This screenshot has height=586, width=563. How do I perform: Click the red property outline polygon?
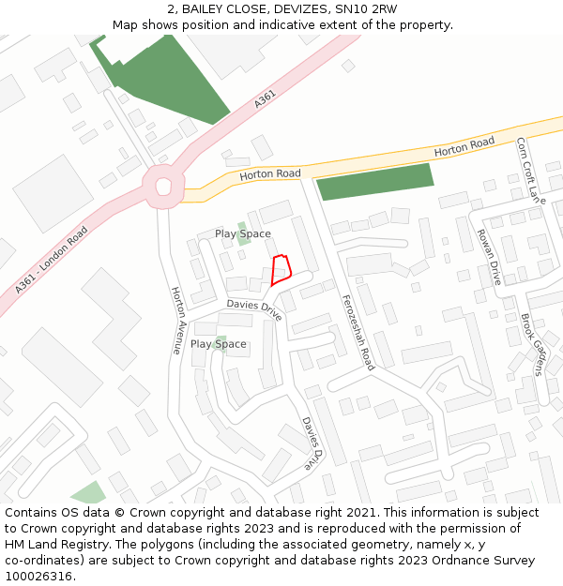pos(281,269)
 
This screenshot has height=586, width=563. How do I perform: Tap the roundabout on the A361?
pos(163,186)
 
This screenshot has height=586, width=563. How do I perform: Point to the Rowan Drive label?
pos(489,257)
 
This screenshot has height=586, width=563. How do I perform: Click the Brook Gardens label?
pos(532,344)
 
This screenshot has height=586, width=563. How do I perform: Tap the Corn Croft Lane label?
pos(530,171)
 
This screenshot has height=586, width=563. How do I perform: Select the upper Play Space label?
pos(242,233)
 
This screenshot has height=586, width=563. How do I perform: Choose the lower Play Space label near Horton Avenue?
pos(218,344)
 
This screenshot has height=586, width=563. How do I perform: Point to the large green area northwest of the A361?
pos(169,80)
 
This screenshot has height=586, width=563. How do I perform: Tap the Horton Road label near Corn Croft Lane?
pos(464,146)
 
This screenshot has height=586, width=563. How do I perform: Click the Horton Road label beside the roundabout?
pos(269,174)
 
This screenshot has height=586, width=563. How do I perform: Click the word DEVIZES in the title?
pos(279,8)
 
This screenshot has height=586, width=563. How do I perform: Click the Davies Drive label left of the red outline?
pos(254,308)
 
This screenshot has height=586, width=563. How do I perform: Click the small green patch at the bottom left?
pos(89,493)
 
